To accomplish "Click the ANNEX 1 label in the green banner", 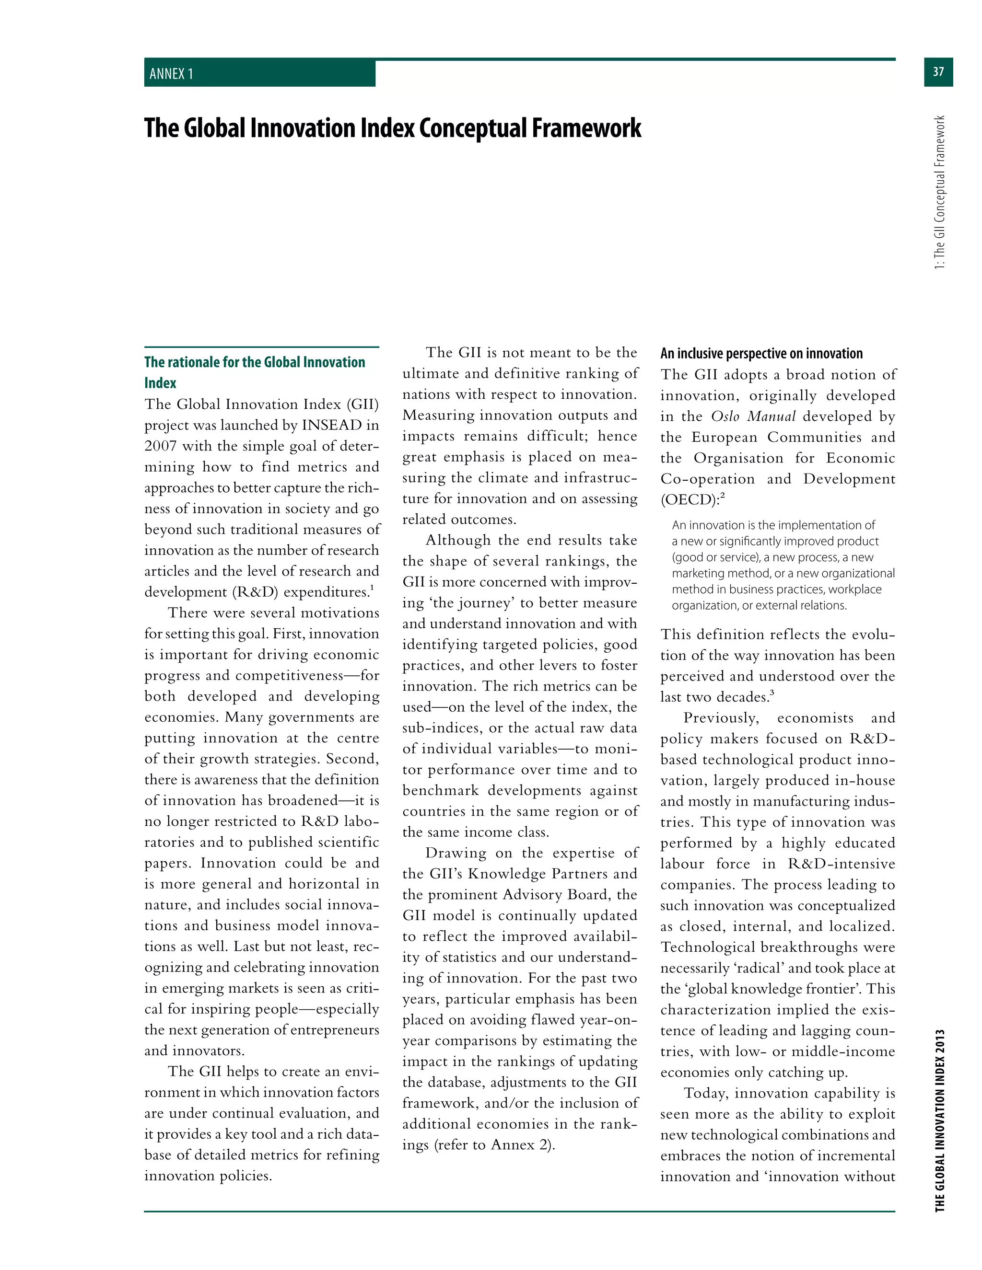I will point(171,74).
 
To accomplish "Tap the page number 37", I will point(938,71).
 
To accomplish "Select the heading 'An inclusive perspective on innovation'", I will point(761,354).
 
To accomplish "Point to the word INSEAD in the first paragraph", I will point(332,425).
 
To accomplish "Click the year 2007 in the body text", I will point(161,446).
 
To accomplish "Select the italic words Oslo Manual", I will point(753,416).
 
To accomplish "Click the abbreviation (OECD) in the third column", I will point(690,500).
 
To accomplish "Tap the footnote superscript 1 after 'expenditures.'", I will point(372,588).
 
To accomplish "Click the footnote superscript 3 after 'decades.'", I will point(772,693).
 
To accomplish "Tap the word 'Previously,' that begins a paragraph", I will point(721,718).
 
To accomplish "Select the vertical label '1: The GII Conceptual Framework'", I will point(939,192).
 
